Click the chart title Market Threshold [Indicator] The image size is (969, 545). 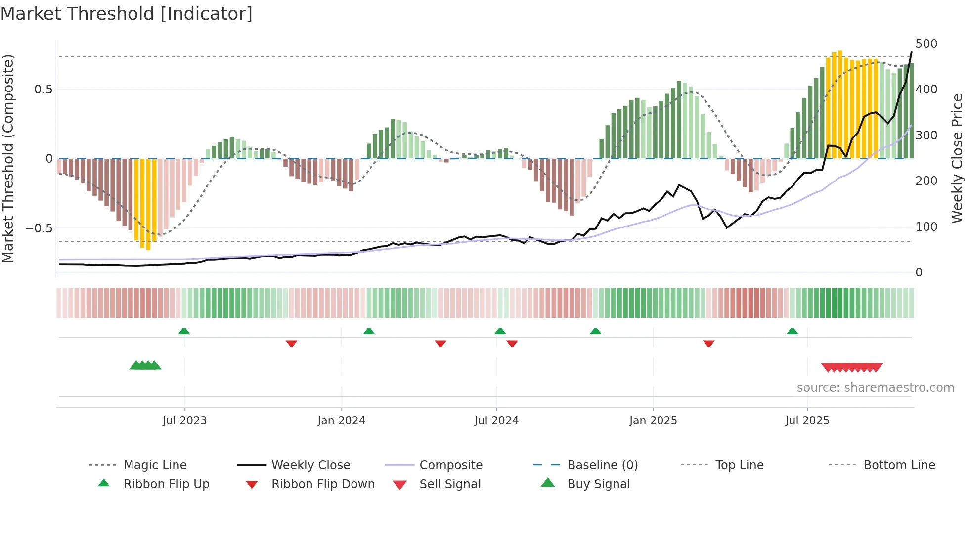coord(127,14)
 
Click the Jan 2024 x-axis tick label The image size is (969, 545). coord(341,421)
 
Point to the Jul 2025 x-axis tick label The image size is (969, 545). coord(807,421)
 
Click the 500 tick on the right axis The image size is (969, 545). coord(926,44)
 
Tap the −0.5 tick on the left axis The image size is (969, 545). coord(39,228)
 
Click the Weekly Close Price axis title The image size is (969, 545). coord(957,158)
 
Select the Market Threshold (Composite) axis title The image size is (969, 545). coord(8,158)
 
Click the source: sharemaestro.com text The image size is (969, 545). coord(875,388)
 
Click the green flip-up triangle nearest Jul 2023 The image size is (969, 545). coord(184,331)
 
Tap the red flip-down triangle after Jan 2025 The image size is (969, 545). coord(708,343)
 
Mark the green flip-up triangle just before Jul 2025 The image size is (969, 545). coord(792,331)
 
